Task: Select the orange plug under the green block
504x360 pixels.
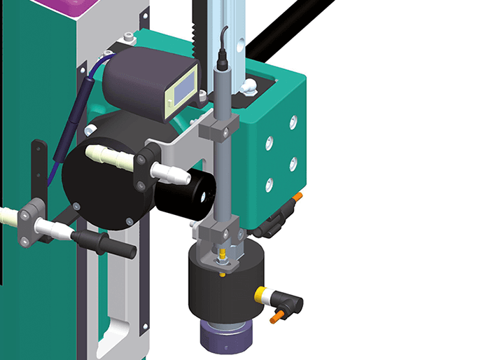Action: coord(299,198)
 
